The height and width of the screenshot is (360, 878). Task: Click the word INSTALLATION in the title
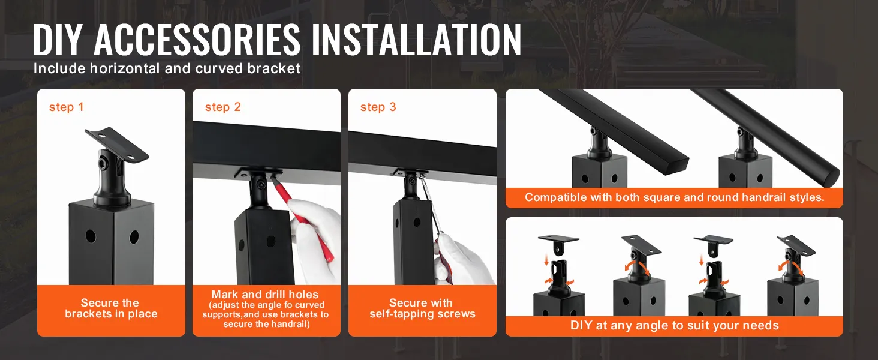point(416,40)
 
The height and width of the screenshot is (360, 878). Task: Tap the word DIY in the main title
point(58,40)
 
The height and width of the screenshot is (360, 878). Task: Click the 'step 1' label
point(67,107)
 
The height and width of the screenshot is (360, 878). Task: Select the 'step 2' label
point(222,107)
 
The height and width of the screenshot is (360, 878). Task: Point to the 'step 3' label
point(378,107)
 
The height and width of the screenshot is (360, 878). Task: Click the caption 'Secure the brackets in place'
point(111,308)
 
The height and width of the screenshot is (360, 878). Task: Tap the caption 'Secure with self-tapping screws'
point(422,308)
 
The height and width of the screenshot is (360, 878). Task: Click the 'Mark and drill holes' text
point(264,295)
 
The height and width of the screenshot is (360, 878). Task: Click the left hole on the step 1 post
point(91,236)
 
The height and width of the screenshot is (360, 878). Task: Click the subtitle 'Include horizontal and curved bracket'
point(167,68)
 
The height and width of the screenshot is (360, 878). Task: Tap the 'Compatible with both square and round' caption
point(674,197)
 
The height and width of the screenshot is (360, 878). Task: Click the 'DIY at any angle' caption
point(674,326)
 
